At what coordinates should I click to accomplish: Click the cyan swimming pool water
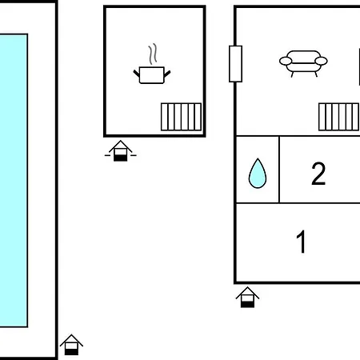click(14, 180)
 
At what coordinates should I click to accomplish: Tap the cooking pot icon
click(152, 75)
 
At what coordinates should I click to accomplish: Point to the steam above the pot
click(153, 54)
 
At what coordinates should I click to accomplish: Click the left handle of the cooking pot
click(136, 74)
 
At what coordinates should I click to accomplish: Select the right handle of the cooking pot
click(167, 74)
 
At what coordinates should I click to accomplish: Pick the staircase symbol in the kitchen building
click(181, 117)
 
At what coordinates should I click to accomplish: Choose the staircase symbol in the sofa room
click(339, 117)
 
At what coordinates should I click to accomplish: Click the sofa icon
click(303, 63)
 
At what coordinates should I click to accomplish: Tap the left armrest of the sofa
click(286, 61)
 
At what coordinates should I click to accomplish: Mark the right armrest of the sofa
click(321, 61)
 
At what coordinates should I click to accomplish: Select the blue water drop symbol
click(258, 174)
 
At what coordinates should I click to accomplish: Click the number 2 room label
click(318, 174)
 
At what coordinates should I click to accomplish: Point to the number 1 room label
click(302, 242)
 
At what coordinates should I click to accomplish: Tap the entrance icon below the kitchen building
click(121, 150)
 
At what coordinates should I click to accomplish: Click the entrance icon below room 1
click(247, 298)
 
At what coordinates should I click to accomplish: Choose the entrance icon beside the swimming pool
click(71, 345)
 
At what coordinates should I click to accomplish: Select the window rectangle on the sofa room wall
click(235, 64)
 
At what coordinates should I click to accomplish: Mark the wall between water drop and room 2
click(279, 170)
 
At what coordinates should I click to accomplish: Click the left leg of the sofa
click(292, 74)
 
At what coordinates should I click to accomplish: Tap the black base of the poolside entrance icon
click(71, 352)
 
